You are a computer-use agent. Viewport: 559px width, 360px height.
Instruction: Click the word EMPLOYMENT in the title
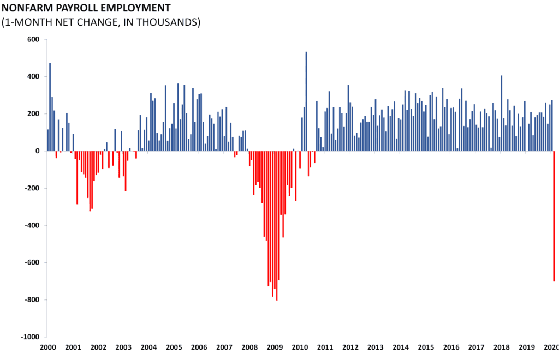[x=136, y=8]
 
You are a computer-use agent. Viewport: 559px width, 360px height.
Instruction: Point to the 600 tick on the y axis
[x=33, y=39]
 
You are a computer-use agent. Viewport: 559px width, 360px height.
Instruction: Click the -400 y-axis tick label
[x=31, y=225]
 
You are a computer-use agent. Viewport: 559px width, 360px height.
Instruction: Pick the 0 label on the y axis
[x=38, y=151]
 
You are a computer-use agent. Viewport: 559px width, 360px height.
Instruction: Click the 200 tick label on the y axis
[x=33, y=113]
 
